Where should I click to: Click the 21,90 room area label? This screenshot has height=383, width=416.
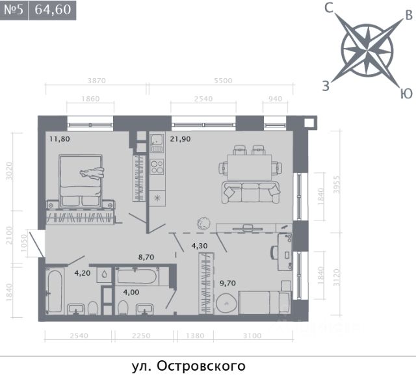(180, 139)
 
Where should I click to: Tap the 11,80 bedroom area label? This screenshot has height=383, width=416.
(60, 139)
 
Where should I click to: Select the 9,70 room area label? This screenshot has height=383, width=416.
(227, 284)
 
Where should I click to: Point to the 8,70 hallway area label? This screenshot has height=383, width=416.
(146, 257)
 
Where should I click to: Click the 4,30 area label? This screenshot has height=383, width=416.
(200, 246)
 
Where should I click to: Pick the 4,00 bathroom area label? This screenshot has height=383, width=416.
(131, 292)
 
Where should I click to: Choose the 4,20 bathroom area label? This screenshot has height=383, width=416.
(83, 273)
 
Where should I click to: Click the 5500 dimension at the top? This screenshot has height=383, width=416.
(223, 81)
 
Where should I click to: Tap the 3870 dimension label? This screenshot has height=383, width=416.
(97, 81)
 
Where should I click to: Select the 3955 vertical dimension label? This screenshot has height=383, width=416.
(337, 184)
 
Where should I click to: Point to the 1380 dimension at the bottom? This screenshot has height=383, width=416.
(195, 336)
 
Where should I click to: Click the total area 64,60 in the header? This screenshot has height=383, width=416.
(53, 10)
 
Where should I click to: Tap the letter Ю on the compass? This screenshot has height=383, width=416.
(406, 94)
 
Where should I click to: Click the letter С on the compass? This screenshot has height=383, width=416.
(329, 8)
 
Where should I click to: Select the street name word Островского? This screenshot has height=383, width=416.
(201, 366)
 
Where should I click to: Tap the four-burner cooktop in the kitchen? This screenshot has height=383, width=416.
(157, 167)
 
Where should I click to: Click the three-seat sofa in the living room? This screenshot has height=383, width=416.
(251, 192)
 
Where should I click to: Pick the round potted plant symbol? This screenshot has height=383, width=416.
(203, 224)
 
